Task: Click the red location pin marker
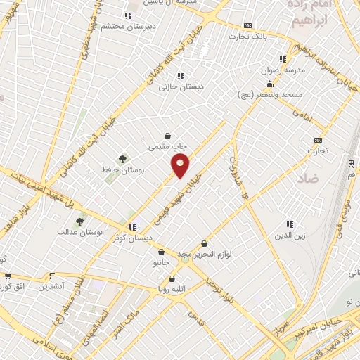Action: pyautogui.click(x=181, y=167)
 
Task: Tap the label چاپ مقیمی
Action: pyautogui.click(x=167, y=148)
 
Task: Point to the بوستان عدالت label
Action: pyautogui.click(x=80, y=231)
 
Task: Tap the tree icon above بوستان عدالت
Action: pyautogui.click(x=80, y=220)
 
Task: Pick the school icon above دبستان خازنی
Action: pyautogui.click(x=180, y=76)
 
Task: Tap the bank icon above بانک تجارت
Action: pyautogui.click(x=247, y=24)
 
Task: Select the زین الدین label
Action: pyautogui.click(x=289, y=236)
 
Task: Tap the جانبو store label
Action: pyautogui.click(x=162, y=263)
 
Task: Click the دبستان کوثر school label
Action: pyautogui.click(x=131, y=236)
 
